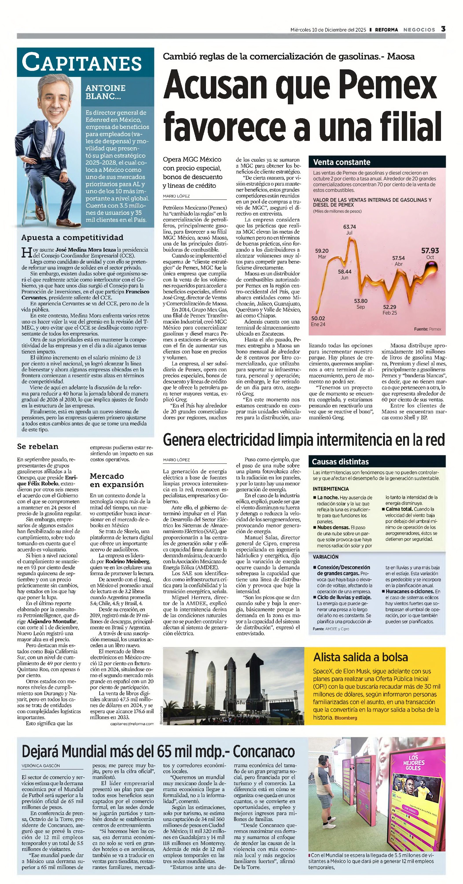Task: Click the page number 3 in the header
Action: point(443,29)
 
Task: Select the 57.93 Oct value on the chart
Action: point(430,251)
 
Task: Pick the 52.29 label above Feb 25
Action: point(390,307)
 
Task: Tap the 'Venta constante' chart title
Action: point(342,162)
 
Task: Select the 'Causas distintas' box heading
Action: point(340,462)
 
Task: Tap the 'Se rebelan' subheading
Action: point(38,446)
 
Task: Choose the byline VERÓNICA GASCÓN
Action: point(41,766)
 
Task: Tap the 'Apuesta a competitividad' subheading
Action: point(72,238)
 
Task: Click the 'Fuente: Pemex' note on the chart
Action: point(427,329)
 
